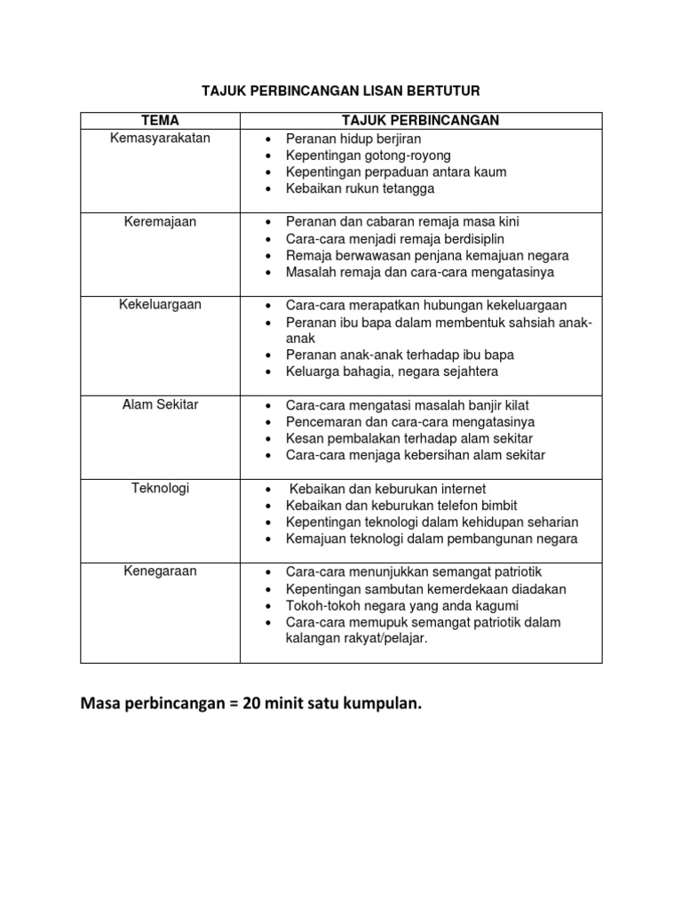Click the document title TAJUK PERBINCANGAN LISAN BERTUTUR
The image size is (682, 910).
tap(341, 91)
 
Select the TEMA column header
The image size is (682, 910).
tap(160, 120)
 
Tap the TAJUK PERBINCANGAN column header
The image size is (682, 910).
tap(421, 120)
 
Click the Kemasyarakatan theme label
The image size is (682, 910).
tap(160, 138)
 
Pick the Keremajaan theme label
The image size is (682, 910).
tap(160, 221)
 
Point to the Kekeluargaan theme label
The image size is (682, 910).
tap(160, 305)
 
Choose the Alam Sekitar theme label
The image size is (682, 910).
tap(160, 404)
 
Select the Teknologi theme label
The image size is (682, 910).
tap(160, 488)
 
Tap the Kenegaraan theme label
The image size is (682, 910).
tap(160, 571)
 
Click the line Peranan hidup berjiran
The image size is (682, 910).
tap(353, 139)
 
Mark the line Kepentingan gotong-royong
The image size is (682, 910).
tap(368, 156)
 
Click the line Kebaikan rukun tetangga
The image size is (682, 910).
tap(360, 188)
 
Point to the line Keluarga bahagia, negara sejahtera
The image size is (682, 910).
tap(392, 371)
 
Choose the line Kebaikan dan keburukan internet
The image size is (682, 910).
tap(386, 489)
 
